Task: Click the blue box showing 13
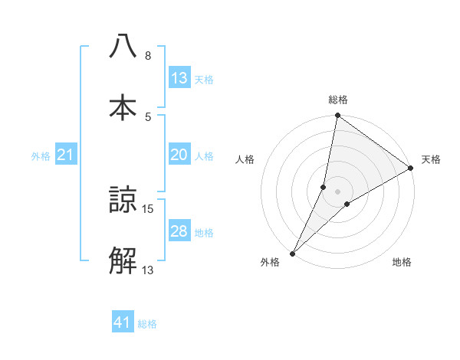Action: [x=179, y=78]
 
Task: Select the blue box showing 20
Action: [x=179, y=155]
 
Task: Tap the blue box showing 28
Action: [x=179, y=231]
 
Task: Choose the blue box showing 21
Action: [x=65, y=155]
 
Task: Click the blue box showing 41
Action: [x=123, y=323]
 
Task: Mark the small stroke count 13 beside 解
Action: [x=148, y=270]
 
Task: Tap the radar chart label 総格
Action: [x=338, y=100]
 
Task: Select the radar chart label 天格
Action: [x=431, y=159]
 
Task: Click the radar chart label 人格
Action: [x=245, y=159]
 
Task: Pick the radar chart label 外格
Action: [x=270, y=263]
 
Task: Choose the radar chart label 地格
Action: [x=402, y=263]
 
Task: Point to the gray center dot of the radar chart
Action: [x=338, y=191]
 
